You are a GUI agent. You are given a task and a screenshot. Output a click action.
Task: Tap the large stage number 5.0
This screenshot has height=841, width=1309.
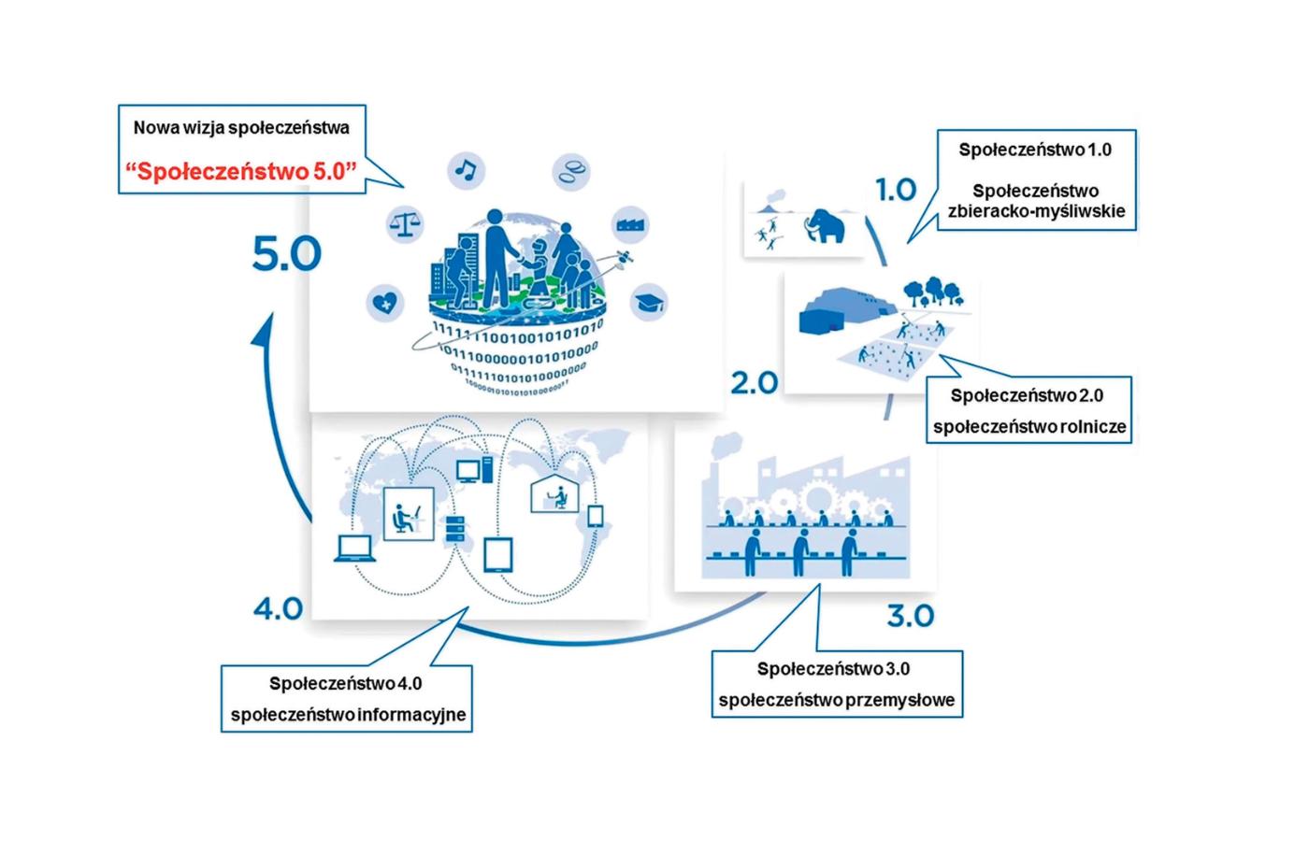click(286, 255)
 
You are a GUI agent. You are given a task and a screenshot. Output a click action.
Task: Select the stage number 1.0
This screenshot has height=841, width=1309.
click(896, 190)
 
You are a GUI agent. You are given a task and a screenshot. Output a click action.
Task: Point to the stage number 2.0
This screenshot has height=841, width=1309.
click(754, 382)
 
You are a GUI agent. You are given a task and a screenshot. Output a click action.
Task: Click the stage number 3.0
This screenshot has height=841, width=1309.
click(910, 617)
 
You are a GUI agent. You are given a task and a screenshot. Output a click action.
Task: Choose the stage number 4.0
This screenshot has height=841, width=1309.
click(278, 609)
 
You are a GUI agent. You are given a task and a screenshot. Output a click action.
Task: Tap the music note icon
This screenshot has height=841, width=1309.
click(465, 169)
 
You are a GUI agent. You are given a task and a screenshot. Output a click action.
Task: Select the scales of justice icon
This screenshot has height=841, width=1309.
click(406, 224)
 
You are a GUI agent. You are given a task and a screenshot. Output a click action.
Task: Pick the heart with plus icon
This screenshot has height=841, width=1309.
click(384, 302)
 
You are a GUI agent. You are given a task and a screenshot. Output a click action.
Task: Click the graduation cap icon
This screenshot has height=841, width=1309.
click(648, 302)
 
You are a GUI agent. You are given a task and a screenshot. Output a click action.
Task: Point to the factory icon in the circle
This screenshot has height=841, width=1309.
click(630, 225)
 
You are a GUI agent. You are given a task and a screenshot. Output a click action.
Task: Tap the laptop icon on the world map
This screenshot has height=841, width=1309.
click(355, 549)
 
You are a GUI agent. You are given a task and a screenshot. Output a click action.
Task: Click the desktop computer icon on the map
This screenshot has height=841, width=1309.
click(467, 470)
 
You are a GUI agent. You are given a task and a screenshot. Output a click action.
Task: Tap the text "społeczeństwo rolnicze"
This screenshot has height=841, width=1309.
click(1029, 427)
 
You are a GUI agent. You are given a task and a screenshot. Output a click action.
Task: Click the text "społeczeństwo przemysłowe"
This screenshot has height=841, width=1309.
click(837, 700)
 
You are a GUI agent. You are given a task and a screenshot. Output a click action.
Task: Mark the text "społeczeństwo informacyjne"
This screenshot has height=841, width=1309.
click(348, 716)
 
